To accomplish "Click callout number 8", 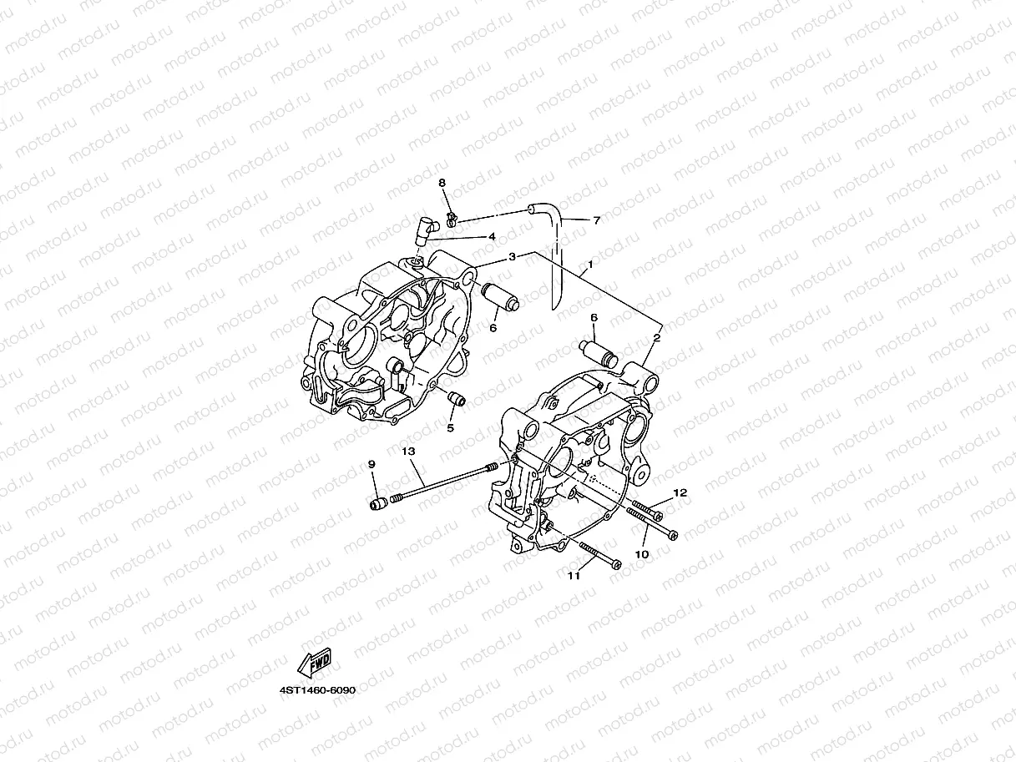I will (x=442, y=183).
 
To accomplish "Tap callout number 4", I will (x=493, y=236).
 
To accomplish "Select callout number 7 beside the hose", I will (x=597, y=220).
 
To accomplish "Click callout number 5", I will (x=450, y=428).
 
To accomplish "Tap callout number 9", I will (x=372, y=464).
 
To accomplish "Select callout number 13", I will (x=408, y=451).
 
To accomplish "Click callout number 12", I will (x=680, y=492).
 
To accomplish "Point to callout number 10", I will (x=642, y=554).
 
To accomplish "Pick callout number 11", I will (x=574, y=576).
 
